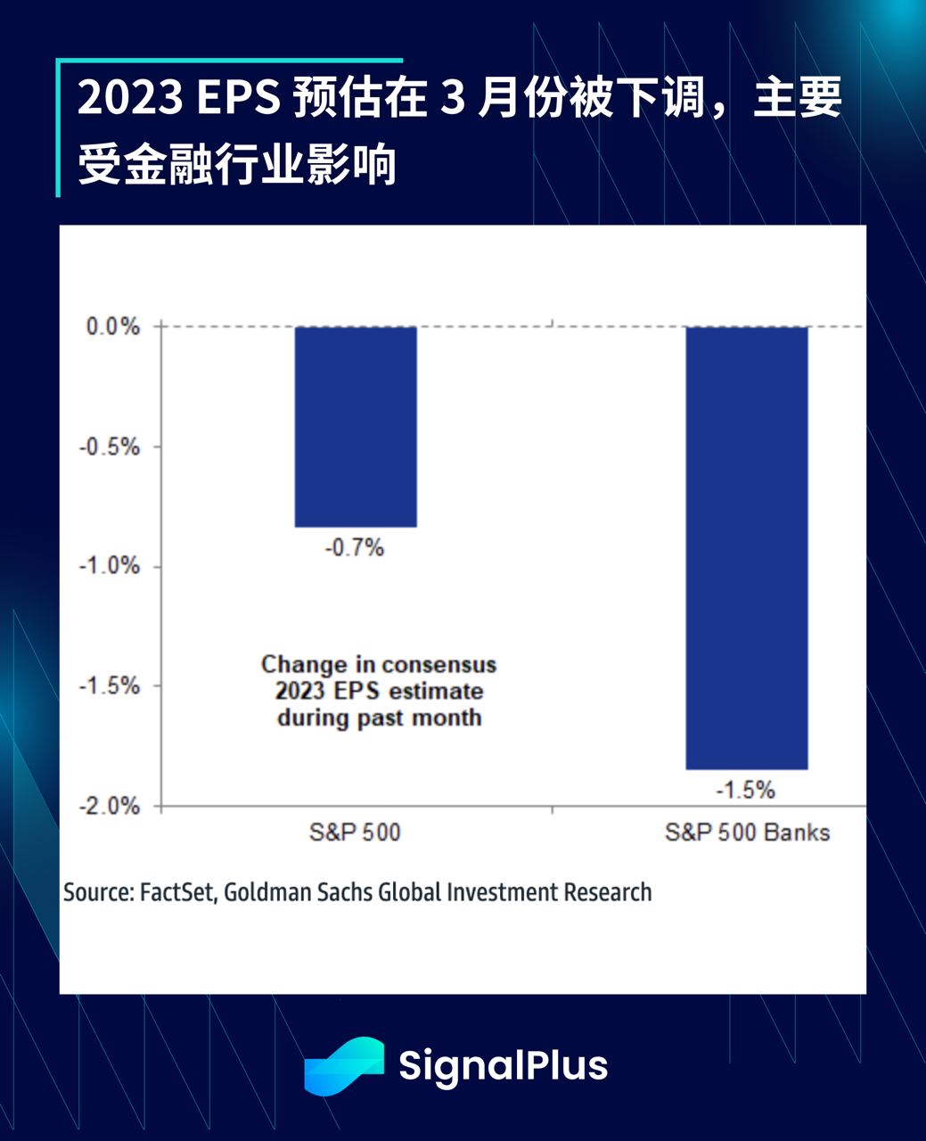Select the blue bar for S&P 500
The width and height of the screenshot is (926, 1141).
[x=356, y=426]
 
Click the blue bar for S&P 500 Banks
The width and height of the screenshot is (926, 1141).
[x=746, y=547]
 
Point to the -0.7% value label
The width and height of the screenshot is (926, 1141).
[x=354, y=547]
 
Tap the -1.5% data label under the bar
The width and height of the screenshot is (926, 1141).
[x=745, y=790]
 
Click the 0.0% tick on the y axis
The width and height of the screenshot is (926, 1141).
[x=113, y=327]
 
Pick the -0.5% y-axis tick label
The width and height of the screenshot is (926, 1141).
[x=110, y=447]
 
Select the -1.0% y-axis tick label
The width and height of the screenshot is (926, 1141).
[x=110, y=566]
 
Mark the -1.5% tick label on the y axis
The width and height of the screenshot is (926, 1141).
[x=110, y=686]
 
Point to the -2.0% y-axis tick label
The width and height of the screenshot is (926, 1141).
[x=110, y=806]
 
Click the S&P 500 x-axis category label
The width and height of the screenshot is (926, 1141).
[x=355, y=833]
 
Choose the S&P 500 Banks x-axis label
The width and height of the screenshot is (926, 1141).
[x=747, y=833]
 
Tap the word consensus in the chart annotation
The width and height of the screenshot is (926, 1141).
[x=438, y=665]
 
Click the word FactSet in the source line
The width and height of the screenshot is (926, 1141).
[x=177, y=892]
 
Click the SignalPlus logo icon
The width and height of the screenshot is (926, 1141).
[x=344, y=1065]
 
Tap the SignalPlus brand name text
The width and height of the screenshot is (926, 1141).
[x=503, y=1065]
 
